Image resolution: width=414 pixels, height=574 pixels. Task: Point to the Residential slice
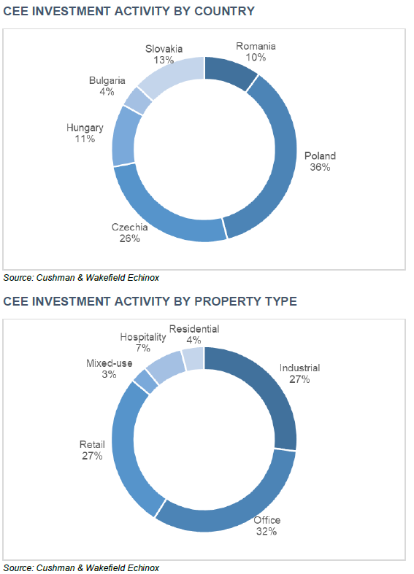tap(193, 358)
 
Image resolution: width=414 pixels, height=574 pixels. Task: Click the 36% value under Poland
tap(320, 167)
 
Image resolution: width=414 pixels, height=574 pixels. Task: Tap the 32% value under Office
tap(266, 532)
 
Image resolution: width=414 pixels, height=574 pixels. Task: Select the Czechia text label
tap(131, 228)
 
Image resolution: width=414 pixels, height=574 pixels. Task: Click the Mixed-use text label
tap(110, 363)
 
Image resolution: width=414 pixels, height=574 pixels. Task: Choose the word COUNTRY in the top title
tap(220, 11)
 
